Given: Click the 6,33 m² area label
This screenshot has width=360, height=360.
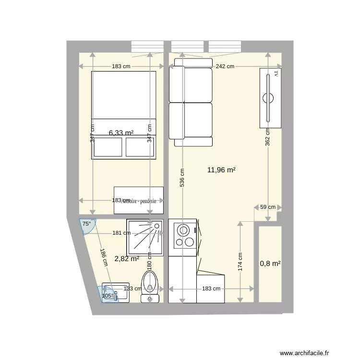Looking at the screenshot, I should coord(121,133).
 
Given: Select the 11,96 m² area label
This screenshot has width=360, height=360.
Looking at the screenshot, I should coord(221,169).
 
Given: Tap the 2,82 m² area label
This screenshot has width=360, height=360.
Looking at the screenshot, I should coord(127,259).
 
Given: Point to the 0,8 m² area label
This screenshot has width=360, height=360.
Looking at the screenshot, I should coord(270,263).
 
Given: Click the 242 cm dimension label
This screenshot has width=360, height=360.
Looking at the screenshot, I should coord(225,67).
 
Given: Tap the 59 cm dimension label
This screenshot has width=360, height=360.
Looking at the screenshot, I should coord(268,207).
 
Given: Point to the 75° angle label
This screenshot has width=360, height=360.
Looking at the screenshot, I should coord(86,224).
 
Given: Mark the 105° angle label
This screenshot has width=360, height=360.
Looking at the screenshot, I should coord(108,296).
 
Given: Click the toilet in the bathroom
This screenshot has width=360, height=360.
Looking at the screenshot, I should coord(150,287).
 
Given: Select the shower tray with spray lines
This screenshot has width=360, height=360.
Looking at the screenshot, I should coord(145,238).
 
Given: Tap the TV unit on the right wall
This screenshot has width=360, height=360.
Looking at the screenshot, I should coord(269,98).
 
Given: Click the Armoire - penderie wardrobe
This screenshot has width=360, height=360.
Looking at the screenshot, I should coord(139,200).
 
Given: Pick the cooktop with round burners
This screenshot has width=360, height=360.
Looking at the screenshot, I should coord(183,234).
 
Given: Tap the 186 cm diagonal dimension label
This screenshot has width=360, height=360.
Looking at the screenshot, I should coord(103,258).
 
